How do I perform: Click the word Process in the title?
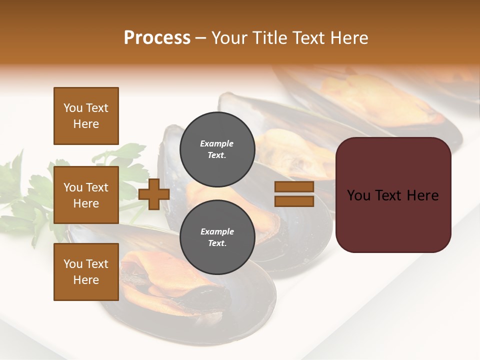coord(157,38)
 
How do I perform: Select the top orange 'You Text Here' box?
coord(86,116)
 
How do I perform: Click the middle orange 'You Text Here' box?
coord(86,195)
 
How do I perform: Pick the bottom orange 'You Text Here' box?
coord(86,272)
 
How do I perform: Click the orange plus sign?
coord(154,194)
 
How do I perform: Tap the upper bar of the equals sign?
coord(294,187)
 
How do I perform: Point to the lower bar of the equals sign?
coord(294,201)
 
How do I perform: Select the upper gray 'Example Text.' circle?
coord(217,149)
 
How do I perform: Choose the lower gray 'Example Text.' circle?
coord(217,237)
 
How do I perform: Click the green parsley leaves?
coord(30,190)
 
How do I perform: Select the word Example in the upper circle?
coord(217,143)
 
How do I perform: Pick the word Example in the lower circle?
coord(217,231)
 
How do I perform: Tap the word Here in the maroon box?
coord(422,195)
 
